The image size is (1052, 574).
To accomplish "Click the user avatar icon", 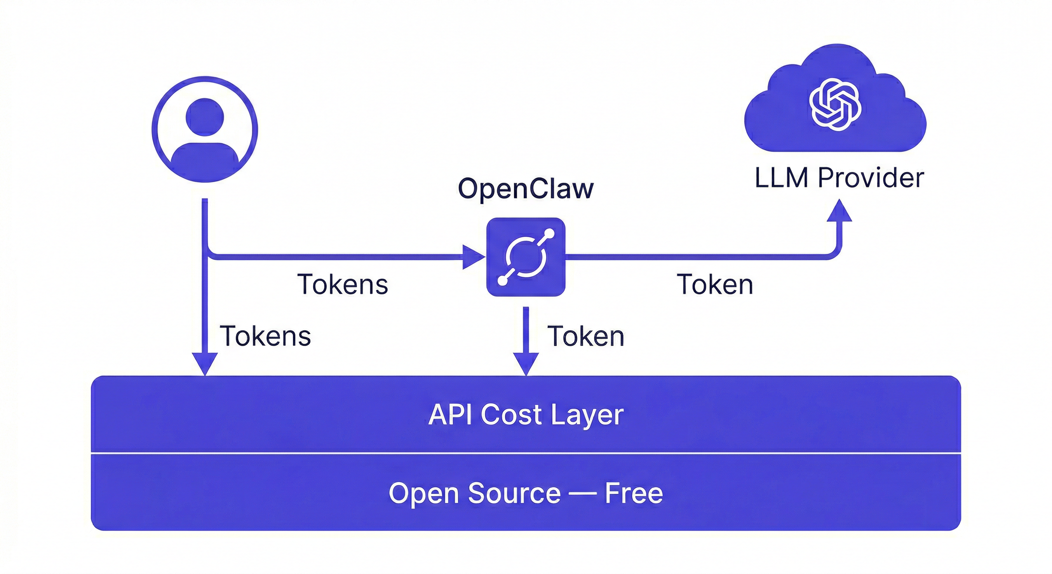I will tap(205, 129).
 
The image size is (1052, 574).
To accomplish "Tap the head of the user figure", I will tap(205, 117).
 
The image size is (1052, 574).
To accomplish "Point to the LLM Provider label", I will tap(839, 178).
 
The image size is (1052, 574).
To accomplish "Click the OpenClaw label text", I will tap(526, 189).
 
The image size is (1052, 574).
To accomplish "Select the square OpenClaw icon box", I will tap(526, 257).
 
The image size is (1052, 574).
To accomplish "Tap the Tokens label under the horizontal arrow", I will tap(342, 284).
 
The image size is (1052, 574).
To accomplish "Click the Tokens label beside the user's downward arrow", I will tap(266, 336).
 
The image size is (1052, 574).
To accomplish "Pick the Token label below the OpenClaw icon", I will tap(586, 336).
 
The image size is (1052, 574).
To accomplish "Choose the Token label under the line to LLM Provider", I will tap(715, 284).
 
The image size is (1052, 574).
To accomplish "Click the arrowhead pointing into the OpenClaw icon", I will tap(473, 257).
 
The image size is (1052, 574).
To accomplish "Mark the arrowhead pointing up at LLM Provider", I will tap(839, 211).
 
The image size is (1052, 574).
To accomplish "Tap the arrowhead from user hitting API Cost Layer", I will tap(205, 364).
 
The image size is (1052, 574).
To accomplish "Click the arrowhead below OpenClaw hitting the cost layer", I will tap(526, 364).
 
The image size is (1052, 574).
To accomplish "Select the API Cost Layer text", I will tap(526, 415).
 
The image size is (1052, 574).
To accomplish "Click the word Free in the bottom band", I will tap(634, 493).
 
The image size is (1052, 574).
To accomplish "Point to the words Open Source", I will tap(474, 493).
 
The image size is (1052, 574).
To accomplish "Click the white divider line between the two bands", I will tap(526, 453).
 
